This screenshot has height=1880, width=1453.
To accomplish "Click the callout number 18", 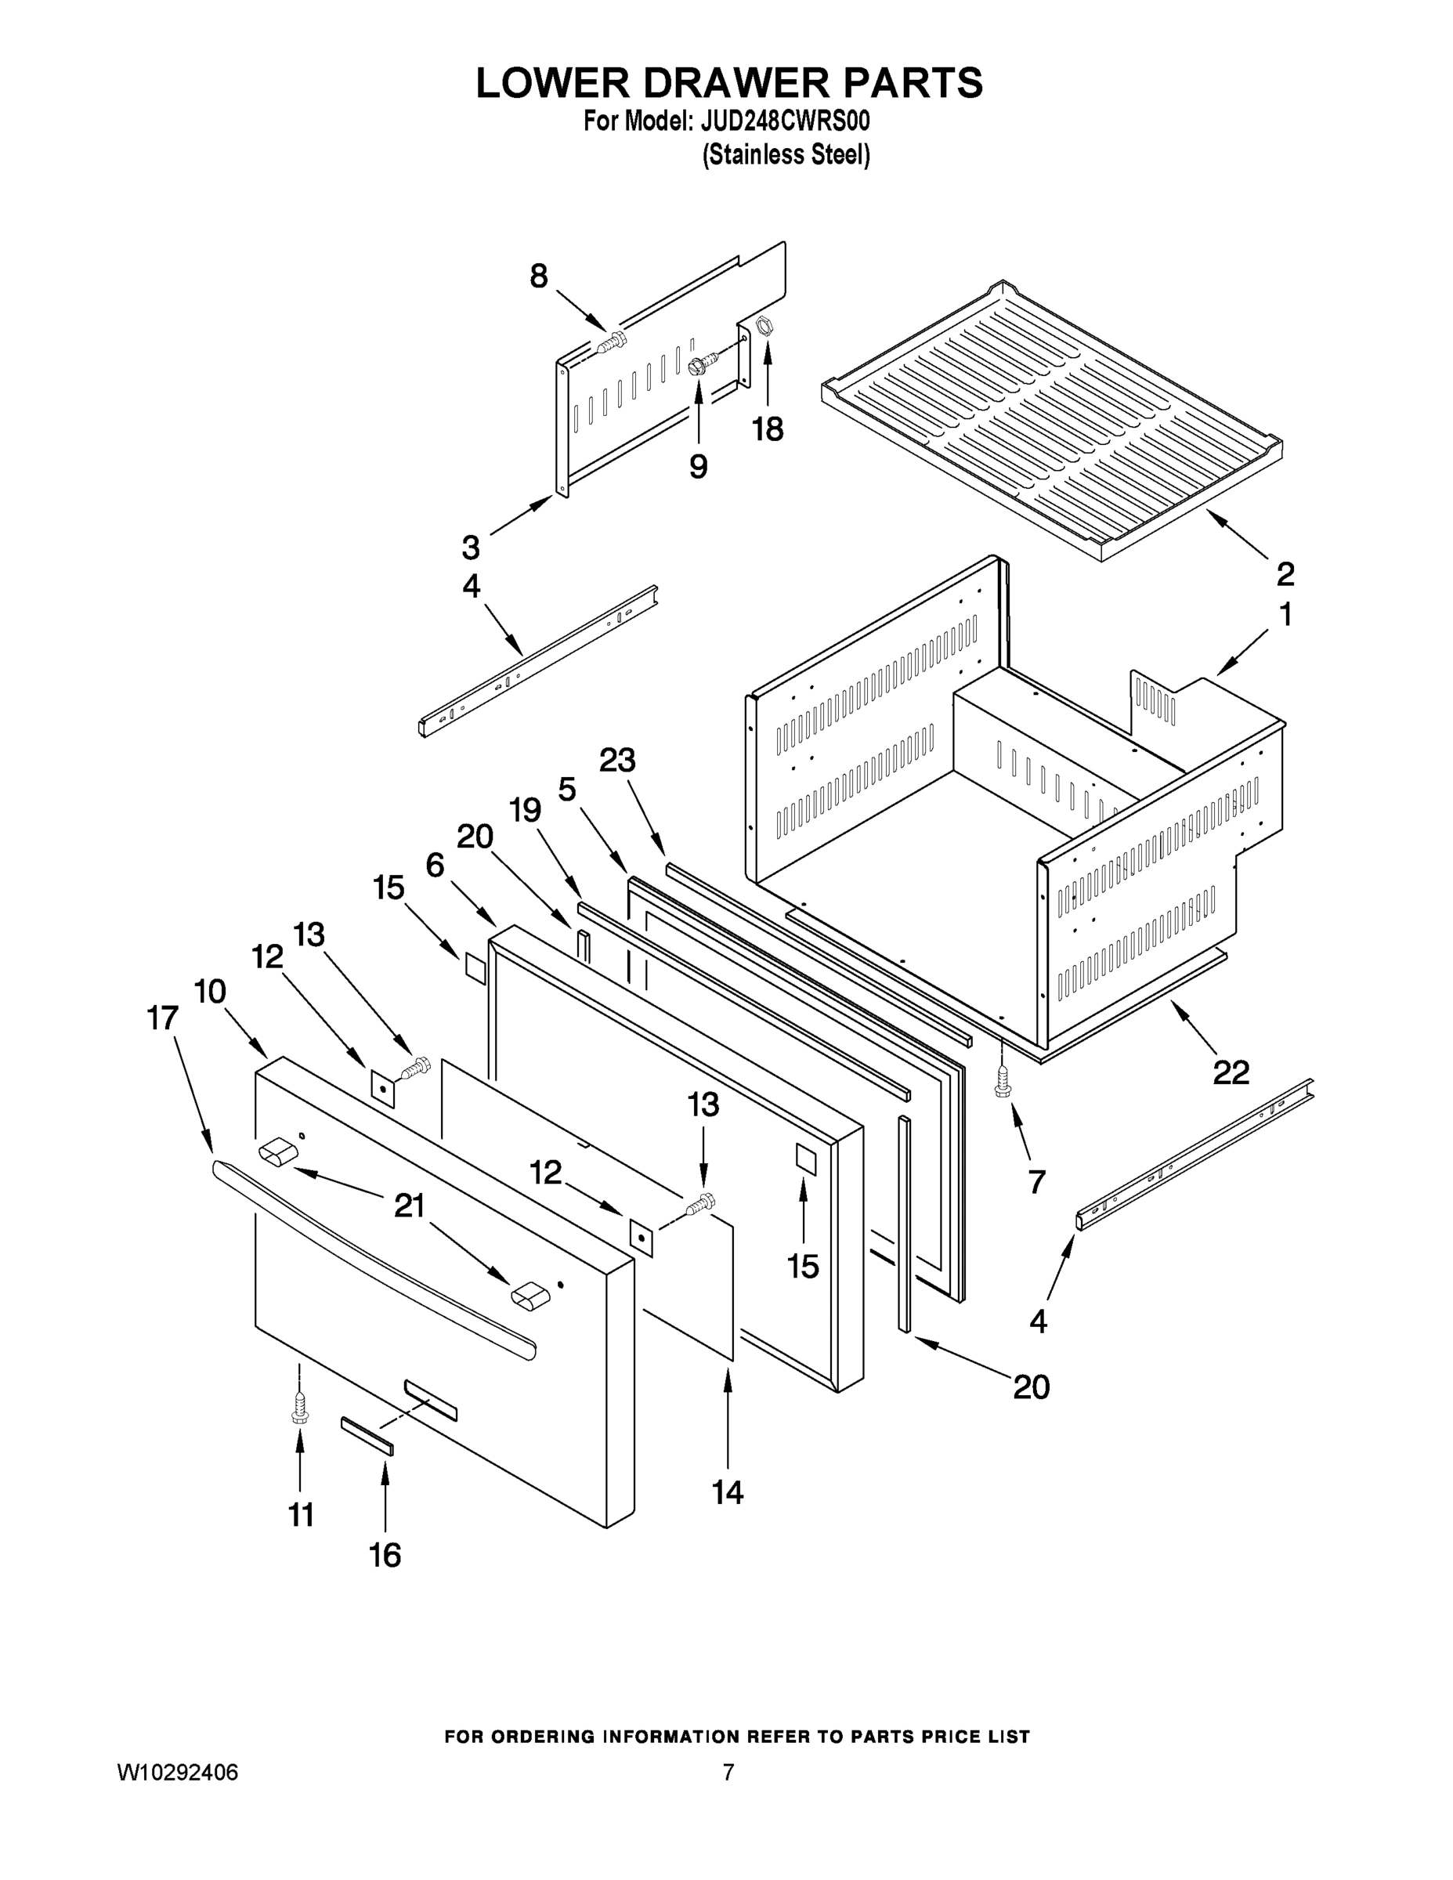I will click(768, 428).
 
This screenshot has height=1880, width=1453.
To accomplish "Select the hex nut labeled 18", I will click(764, 325).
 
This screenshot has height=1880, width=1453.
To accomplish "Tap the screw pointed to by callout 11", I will click(299, 1411).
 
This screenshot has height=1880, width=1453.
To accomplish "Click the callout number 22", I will click(1230, 1072).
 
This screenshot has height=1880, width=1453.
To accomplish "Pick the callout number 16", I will click(385, 1555).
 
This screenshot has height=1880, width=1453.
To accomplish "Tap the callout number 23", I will click(617, 760).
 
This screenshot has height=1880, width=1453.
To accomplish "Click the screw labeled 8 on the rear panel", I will click(612, 345).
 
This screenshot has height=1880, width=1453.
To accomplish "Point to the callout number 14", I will click(728, 1491).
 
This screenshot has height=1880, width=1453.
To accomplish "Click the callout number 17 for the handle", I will click(163, 1018).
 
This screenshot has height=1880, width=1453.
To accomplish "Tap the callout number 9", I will click(698, 466).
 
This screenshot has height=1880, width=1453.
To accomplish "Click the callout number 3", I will click(470, 547).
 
